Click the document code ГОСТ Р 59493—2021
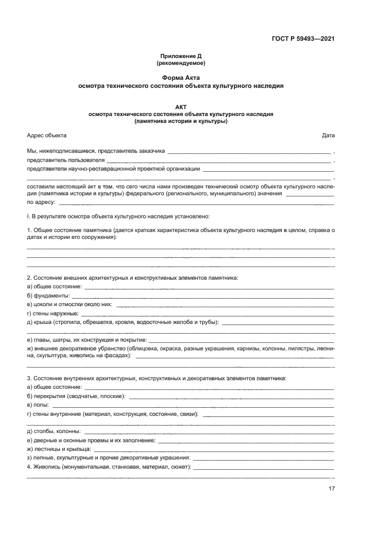303,38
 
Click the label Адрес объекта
47,136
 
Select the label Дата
328,136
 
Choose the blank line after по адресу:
195,204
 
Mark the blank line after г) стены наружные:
207,314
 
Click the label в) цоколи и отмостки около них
69,304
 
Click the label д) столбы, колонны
53,431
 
